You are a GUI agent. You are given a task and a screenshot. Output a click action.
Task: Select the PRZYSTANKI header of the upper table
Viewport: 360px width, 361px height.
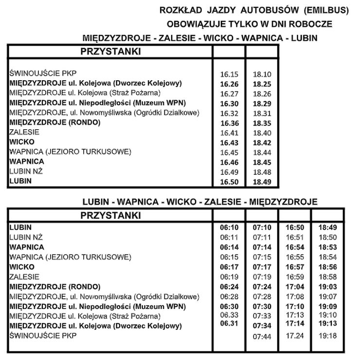coord(110,52)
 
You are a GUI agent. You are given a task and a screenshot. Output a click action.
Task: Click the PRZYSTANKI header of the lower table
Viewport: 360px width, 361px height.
coord(110,215)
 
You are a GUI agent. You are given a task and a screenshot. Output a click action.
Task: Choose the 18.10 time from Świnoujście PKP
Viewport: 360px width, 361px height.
coord(262,75)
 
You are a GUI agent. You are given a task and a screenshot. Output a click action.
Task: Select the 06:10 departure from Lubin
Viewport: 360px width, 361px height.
coord(229,227)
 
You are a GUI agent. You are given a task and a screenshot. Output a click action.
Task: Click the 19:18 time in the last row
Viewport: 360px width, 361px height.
coord(327,336)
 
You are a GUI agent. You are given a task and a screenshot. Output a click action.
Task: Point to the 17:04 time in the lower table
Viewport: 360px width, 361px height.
coord(294,287)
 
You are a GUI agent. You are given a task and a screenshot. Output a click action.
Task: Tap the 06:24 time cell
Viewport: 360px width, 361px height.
coord(229,287)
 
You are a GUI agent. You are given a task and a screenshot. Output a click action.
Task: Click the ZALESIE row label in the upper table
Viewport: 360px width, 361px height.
coord(24,132)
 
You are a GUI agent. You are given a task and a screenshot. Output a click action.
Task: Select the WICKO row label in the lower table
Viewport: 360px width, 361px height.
coord(22,267)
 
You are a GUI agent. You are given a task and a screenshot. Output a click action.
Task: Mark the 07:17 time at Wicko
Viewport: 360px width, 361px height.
coord(262,267)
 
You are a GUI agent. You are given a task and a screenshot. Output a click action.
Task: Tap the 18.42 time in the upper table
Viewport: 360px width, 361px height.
coord(262,142)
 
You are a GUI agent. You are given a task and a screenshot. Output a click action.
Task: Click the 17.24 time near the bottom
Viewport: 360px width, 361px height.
coord(294,336)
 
